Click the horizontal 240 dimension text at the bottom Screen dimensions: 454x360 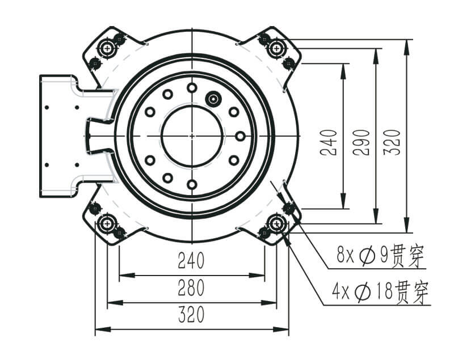191,260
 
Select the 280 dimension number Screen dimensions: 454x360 191,287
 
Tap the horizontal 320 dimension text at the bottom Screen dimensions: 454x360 191,314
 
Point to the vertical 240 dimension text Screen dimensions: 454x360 330,142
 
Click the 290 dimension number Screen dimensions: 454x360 362,142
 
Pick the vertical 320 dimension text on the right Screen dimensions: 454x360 392,142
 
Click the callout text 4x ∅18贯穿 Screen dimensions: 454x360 380,292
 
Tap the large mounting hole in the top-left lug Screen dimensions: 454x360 107,48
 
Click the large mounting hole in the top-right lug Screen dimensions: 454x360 276,48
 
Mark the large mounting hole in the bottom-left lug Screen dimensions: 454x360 107,223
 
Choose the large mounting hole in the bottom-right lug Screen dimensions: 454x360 276,223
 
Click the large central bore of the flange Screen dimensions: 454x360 192,136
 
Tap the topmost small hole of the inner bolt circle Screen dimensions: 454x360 192,88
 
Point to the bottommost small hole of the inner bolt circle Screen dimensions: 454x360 192,184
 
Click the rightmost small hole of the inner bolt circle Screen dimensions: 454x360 240,136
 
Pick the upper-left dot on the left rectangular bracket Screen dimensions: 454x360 47,108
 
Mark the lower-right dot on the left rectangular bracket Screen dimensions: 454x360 77,165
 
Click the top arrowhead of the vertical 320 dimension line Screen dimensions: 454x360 407,47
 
